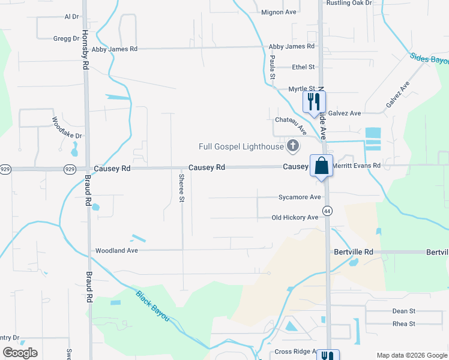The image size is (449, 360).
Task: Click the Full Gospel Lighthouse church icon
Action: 293,145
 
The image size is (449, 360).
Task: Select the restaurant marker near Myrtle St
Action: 313,101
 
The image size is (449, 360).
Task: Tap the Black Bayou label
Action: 152,305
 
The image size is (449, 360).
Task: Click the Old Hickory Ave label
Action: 295,218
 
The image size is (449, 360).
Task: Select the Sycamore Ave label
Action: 300,197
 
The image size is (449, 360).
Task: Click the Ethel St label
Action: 303,67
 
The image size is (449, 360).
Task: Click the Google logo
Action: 20,353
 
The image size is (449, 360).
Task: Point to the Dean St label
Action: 403,311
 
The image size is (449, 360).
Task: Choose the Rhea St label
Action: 403,324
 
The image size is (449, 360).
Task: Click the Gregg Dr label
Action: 66,38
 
